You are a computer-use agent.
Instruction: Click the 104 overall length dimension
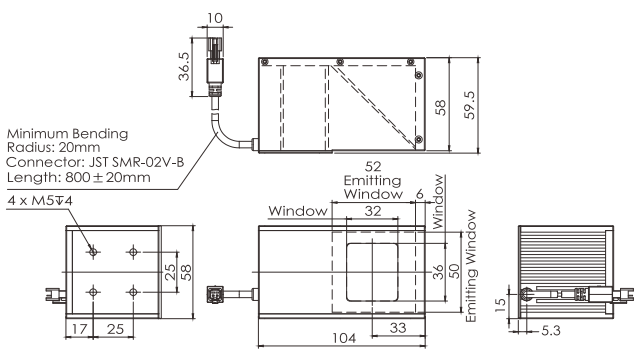tap(344, 338)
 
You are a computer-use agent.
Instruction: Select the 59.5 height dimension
tap(470, 105)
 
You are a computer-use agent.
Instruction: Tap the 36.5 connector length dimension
tap(184, 67)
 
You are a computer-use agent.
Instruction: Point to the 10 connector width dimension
tap(215, 18)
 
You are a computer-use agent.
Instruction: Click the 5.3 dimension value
tap(551, 331)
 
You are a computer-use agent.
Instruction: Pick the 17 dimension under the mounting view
tap(79, 329)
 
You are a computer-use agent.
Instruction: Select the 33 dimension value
tap(398, 328)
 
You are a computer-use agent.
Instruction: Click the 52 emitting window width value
tap(373, 167)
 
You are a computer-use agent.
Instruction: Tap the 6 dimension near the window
tap(420, 194)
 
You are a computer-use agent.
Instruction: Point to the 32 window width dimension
tap(373, 211)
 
